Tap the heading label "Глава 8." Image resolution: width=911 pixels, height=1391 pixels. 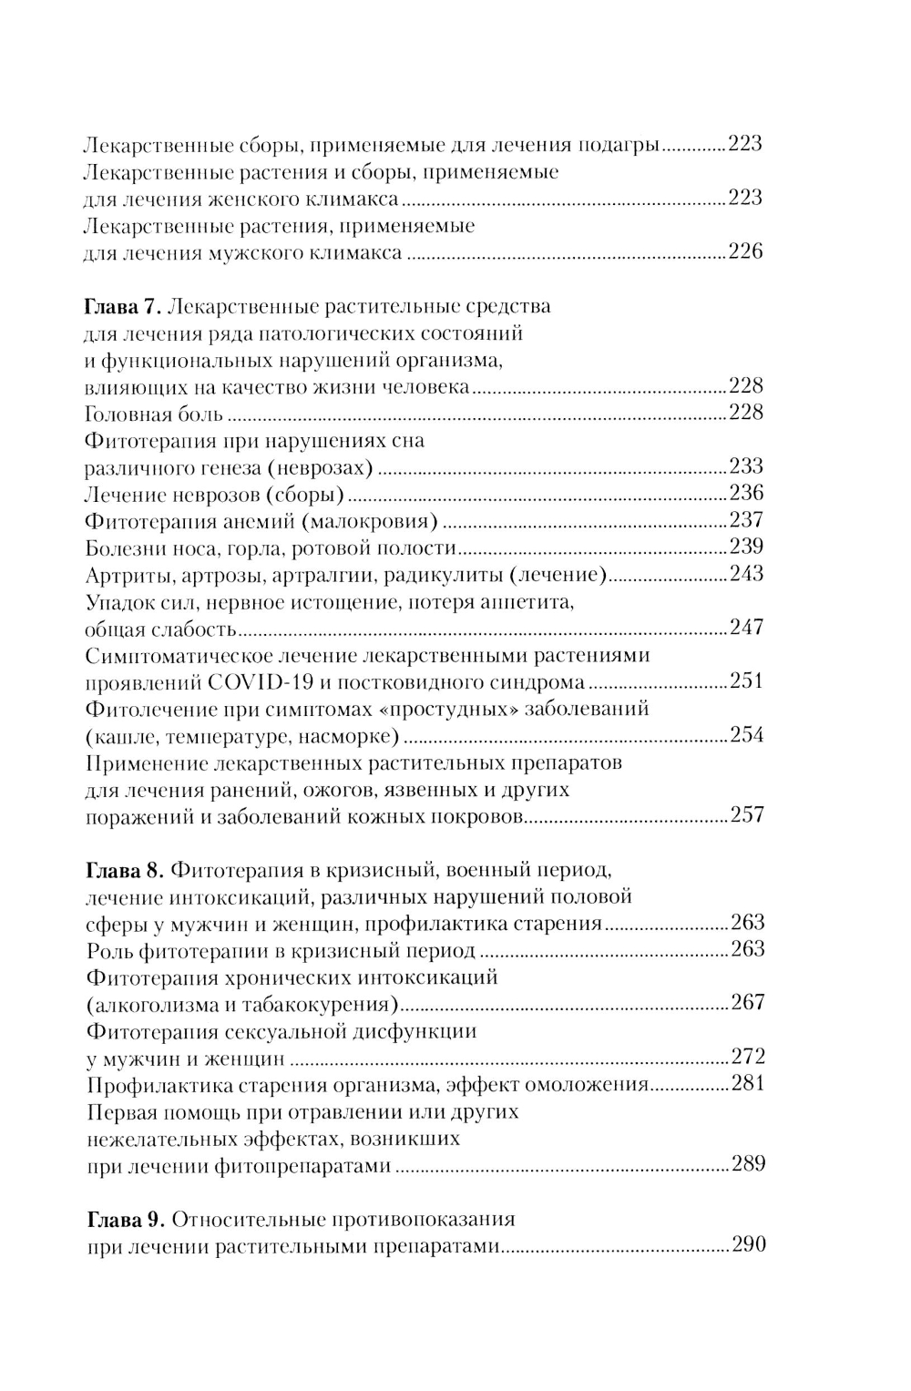pos(124,870)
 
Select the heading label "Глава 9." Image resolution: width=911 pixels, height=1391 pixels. pos(124,1220)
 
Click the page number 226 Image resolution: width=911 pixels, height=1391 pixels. pos(745,252)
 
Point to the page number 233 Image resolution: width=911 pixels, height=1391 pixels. pos(746,467)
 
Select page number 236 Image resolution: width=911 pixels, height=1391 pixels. pos(746,494)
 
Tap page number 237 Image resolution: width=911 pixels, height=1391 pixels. pos(746,521)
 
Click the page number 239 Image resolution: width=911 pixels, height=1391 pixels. pos(746,547)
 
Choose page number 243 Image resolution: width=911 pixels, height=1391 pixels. pos(746,575)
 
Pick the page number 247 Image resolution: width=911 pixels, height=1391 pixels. pos(746,629)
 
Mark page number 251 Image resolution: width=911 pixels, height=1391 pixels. pos(746,682)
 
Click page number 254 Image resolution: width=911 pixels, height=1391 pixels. pos(746,736)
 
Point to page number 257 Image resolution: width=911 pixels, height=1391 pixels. pos(746,816)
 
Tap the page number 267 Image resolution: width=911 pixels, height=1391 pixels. pos(747,1004)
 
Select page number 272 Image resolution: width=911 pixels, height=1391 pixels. pos(747,1058)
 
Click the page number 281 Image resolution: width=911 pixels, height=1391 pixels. pos(747,1084)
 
